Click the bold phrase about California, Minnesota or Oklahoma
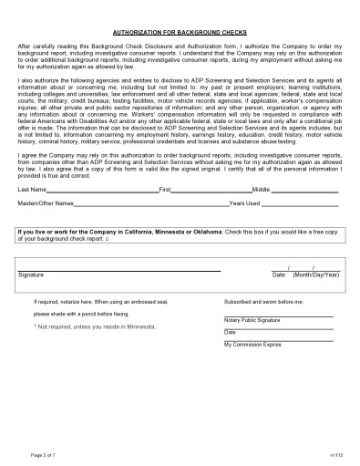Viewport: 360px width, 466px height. coord(119,232)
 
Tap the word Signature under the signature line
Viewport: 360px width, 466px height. coord(31,274)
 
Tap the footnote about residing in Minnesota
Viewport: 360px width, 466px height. coord(94,326)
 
